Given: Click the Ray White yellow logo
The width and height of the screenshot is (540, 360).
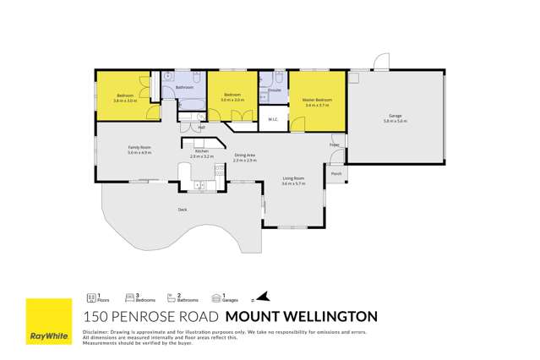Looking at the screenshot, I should (48, 322).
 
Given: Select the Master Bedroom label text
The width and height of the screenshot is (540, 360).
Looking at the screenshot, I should (317, 101).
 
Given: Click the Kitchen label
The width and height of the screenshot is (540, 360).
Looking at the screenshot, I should (201, 151).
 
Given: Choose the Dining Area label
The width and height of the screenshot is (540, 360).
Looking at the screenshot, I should (245, 155).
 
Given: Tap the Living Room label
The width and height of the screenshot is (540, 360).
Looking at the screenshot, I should (293, 178).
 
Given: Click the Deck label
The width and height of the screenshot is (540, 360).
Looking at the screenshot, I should (182, 209).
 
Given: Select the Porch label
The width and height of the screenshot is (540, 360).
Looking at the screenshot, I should (336, 174).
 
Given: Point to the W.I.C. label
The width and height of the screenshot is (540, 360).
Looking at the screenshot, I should (273, 119).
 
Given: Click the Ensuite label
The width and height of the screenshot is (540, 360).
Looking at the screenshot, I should (275, 89).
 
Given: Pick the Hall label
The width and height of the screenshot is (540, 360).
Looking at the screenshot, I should (201, 128).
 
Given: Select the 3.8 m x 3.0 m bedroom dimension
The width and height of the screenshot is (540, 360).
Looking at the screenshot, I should (125, 101).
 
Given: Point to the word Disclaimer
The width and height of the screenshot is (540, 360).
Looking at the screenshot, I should (95, 332).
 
